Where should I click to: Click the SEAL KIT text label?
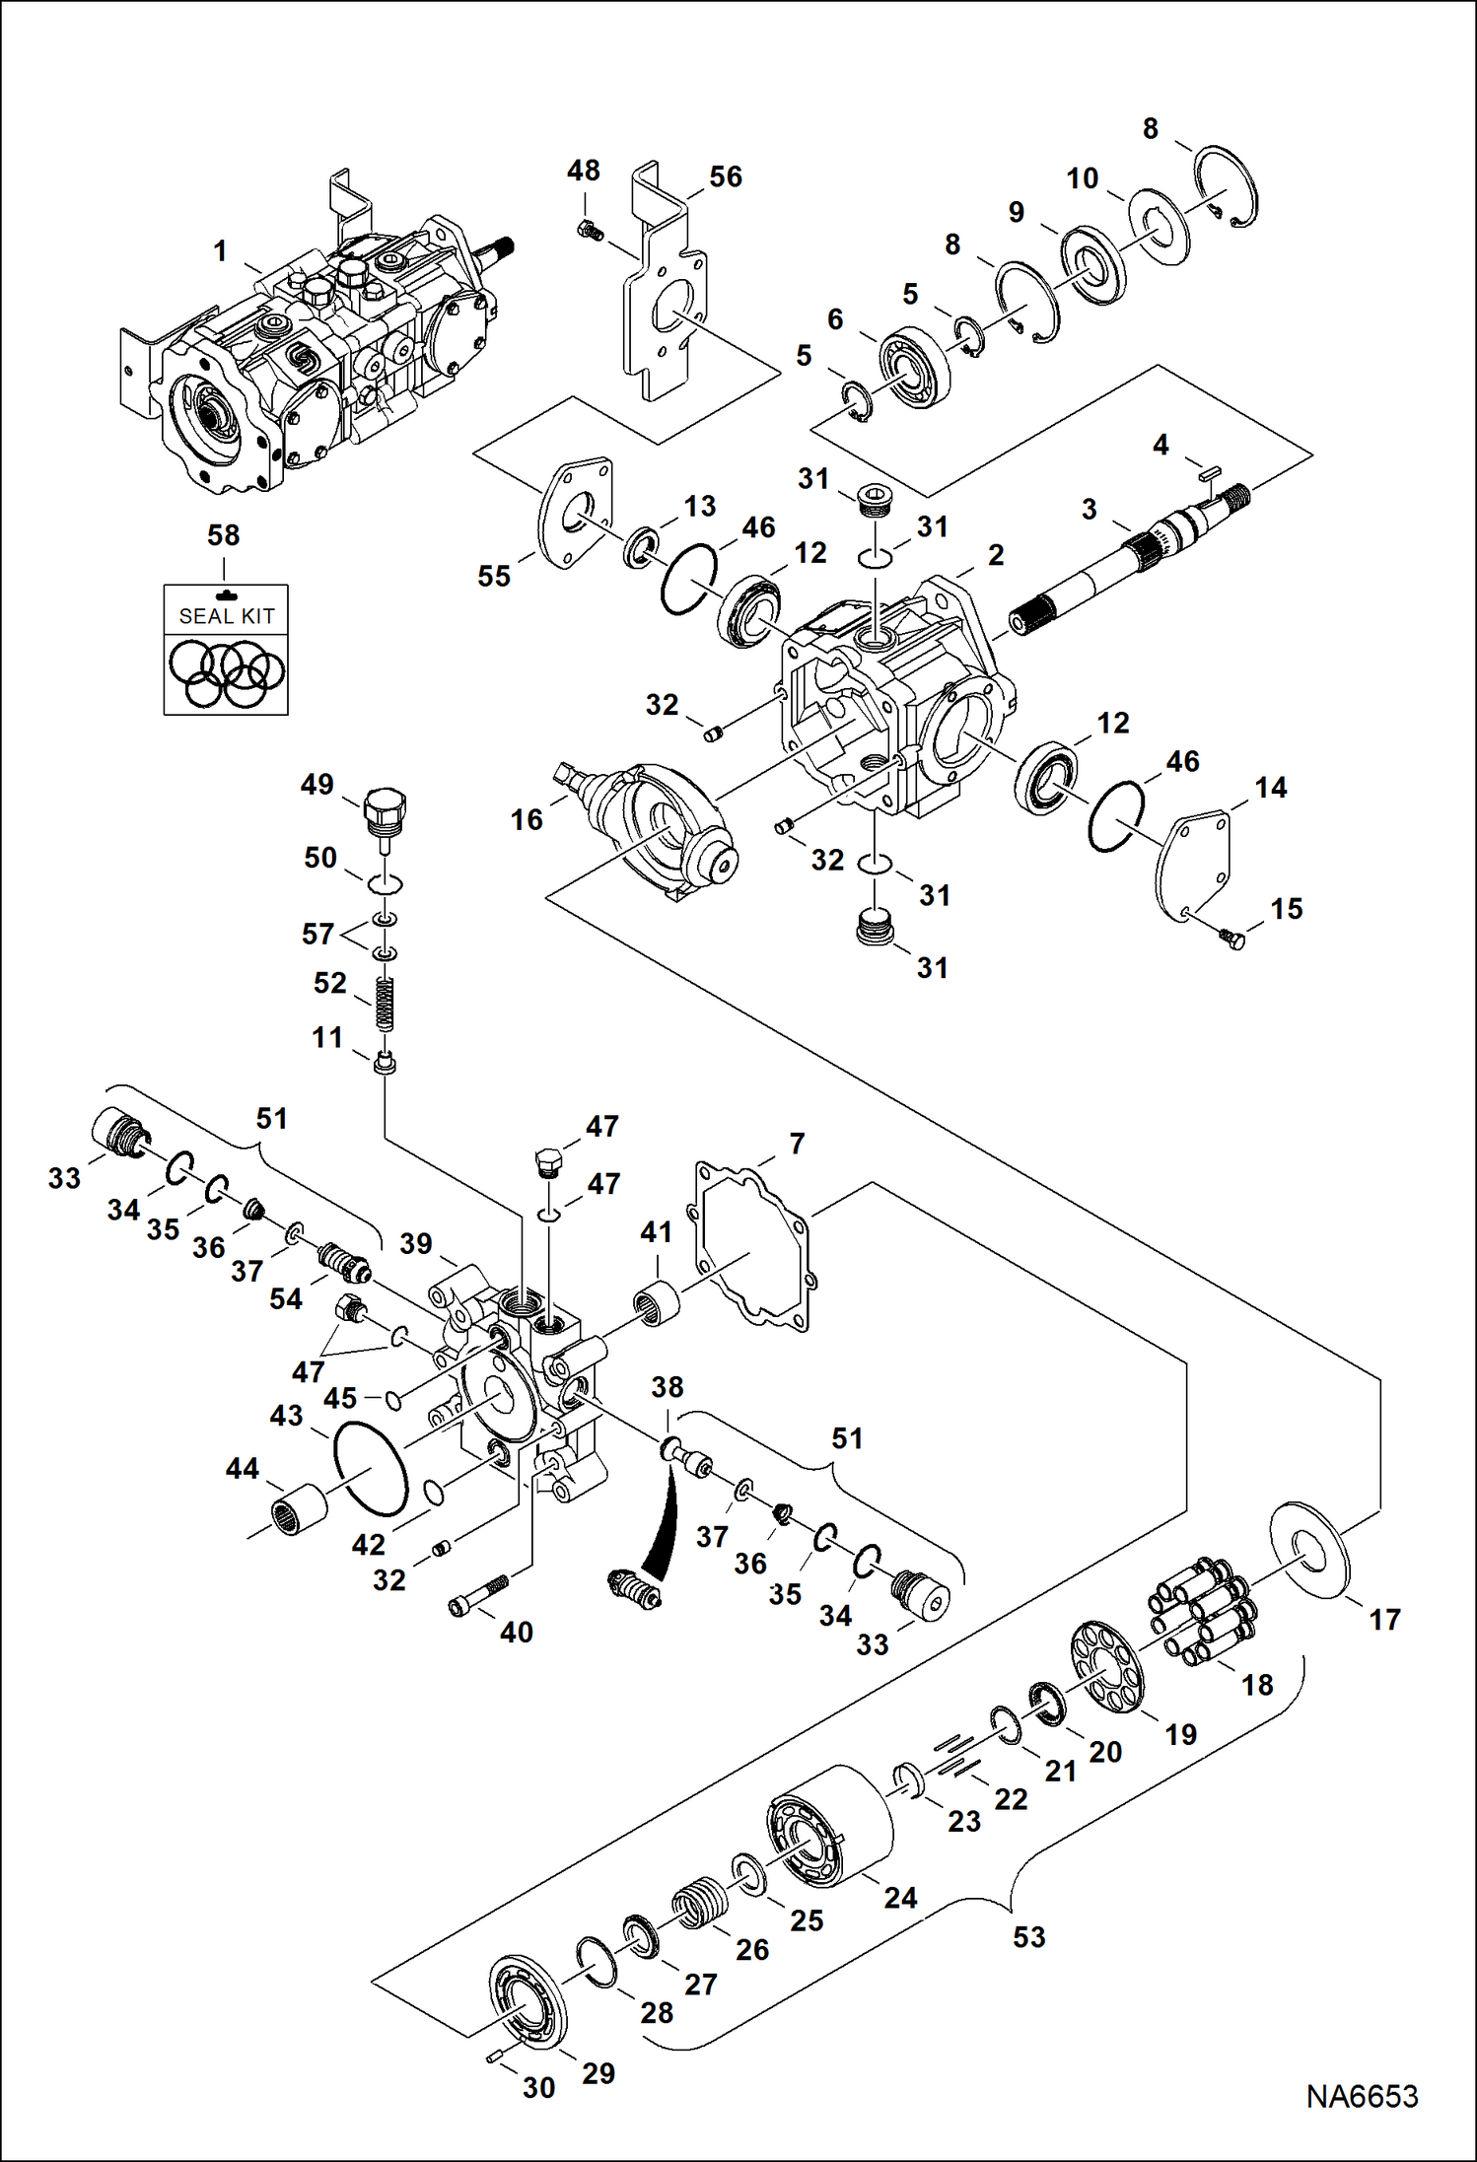tap(226, 616)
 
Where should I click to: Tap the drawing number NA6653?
tap(1362, 2096)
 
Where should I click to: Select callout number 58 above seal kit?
tap(224, 535)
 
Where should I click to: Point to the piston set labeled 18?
tap(1200, 1610)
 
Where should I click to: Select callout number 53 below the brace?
tap(1028, 1936)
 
